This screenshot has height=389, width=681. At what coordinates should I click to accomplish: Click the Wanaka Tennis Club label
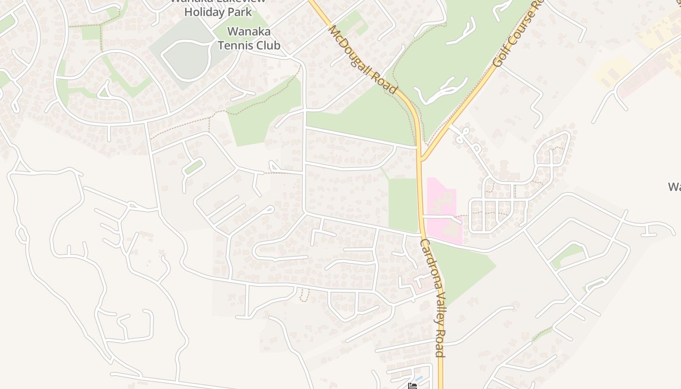coord(249,38)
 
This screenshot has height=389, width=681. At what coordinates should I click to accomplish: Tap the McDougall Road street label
coord(362,58)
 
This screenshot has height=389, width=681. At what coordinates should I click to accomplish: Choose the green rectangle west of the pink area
coord(403,204)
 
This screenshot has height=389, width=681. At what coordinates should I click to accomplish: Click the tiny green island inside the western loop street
coord(193,167)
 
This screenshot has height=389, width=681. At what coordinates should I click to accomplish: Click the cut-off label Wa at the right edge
coord(674,186)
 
